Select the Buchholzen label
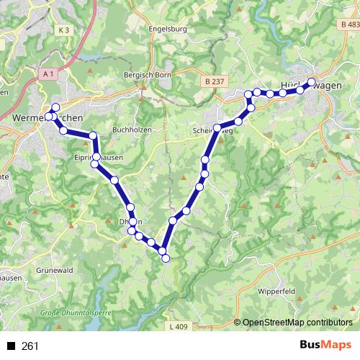tap(131, 131)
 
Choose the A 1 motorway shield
tap(48, 74)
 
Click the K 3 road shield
tap(65, 30)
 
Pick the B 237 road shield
tap(213, 82)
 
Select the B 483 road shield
tap(348, 25)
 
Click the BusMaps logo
tap(326, 346)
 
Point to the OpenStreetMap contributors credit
tap(293, 323)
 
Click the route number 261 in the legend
tap(30, 346)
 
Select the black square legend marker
tap(12, 346)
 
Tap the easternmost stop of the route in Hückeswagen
tap(312, 81)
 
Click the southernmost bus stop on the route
tap(165, 257)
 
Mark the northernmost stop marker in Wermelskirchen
tap(55, 107)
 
